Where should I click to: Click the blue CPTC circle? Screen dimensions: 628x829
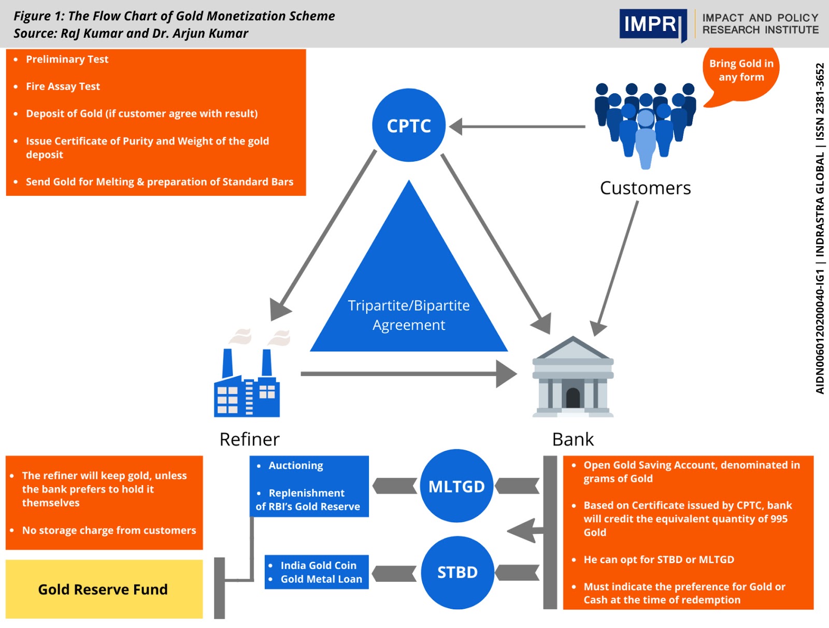(x=409, y=125)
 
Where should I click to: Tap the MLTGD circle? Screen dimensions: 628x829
(x=456, y=486)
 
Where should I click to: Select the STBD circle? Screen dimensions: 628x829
(x=457, y=572)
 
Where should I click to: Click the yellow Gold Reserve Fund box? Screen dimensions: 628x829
(x=104, y=589)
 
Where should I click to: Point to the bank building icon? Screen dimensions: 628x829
(x=573, y=378)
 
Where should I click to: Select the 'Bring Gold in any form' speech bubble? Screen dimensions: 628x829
(x=741, y=70)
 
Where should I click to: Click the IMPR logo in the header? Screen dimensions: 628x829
(x=652, y=24)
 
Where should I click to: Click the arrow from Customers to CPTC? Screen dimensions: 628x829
(x=518, y=126)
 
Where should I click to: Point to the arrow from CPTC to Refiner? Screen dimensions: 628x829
(x=326, y=231)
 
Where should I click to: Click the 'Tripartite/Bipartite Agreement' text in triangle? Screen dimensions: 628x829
(x=409, y=315)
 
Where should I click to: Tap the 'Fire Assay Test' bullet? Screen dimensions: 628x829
(x=63, y=87)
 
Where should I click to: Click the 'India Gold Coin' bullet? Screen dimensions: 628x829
(x=318, y=565)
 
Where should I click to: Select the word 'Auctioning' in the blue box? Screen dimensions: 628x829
(x=295, y=465)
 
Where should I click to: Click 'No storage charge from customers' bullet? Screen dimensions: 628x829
(x=109, y=530)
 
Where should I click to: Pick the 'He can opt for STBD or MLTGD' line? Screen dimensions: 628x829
(x=659, y=560)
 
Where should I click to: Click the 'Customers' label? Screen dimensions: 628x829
(x=645, y=188)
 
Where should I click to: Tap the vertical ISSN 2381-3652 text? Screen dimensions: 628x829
(x=820, y=102)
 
